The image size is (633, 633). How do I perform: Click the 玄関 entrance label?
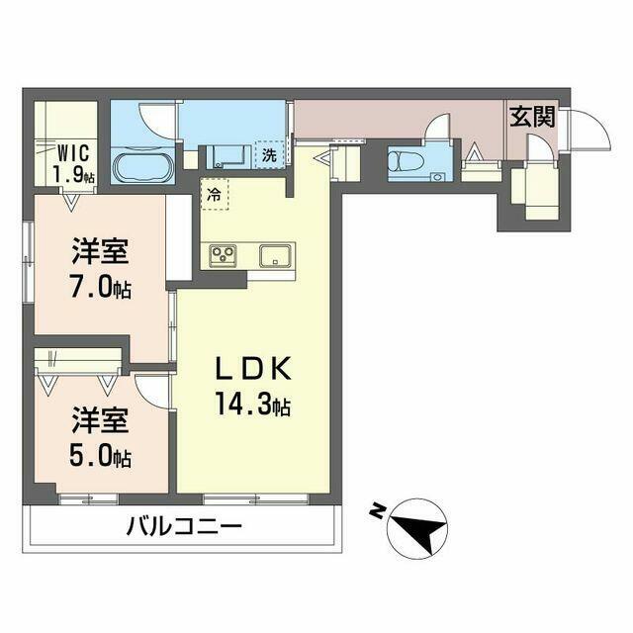(x=532, y=117)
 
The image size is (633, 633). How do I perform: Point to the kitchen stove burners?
(x=223, y=255)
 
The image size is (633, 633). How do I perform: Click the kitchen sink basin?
(x=275, y=256)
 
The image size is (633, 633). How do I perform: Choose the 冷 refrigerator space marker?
(x=214, y=196)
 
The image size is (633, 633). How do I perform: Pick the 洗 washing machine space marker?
(x=270, y=155)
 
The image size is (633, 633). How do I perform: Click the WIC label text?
(x=73, y=153)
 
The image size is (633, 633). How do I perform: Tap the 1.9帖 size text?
(x=74, y=174)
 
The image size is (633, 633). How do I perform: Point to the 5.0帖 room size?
(x=100, y=457)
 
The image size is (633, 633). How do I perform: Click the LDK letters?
(x=253, y=369)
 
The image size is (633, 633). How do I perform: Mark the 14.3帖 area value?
(x=253, y=404)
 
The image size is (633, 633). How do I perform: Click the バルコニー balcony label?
(x=184, y=527)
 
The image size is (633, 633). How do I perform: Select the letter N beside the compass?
(x=377, y=511)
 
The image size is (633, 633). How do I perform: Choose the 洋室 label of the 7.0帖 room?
(x=100, y=251)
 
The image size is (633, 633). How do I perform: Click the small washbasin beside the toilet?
(x=436, y=176)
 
